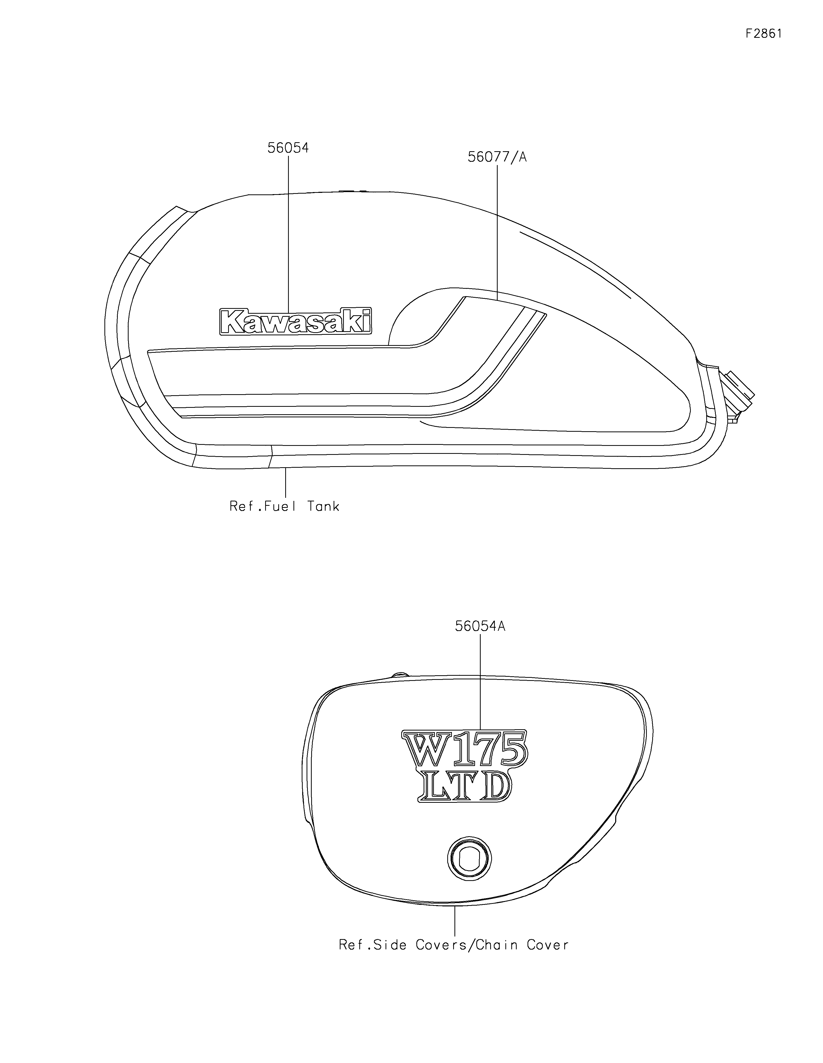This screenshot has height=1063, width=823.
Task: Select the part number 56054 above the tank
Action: (x=288, y=148)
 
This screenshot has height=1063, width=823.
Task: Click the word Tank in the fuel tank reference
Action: (x=323, y=506)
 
